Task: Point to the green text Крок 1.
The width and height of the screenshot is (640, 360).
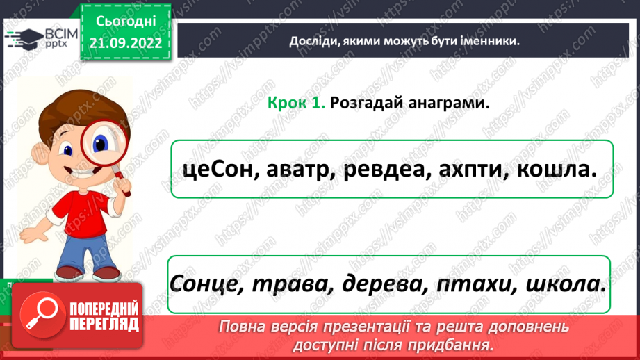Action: point(297,103)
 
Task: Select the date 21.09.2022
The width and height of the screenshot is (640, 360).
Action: point(124,43)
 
